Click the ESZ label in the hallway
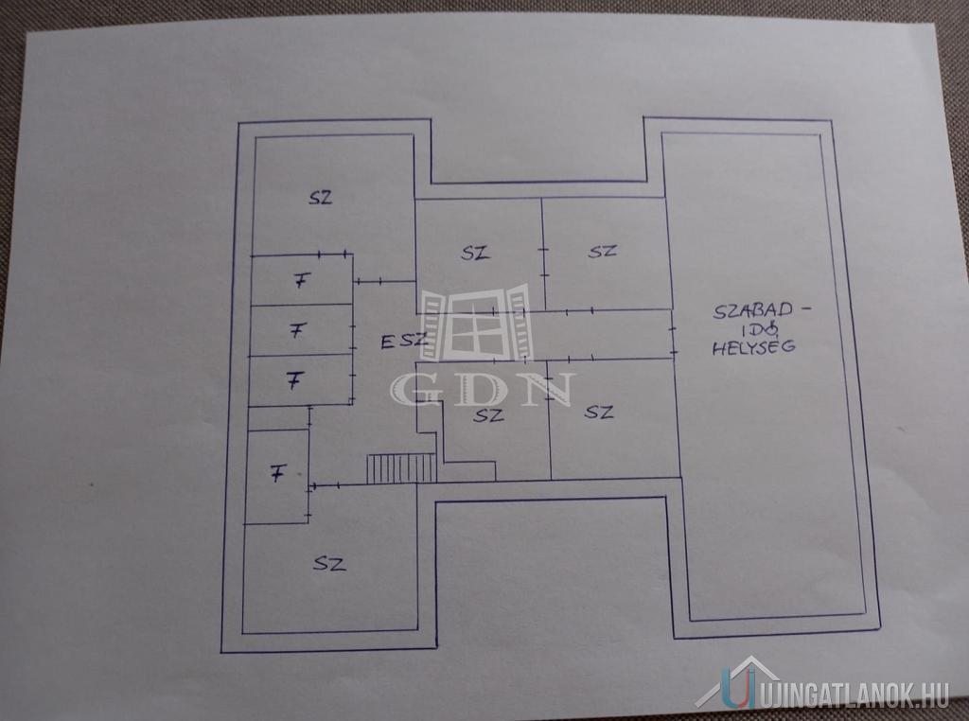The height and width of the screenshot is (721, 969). point(403,341)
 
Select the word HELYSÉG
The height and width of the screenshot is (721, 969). point(754,347)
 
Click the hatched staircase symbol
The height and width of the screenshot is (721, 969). point(401,468)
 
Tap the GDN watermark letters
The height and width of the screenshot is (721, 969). point(483,390)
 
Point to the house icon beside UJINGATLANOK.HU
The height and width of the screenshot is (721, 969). point(738,683)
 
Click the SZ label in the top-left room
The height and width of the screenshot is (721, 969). point(321,198)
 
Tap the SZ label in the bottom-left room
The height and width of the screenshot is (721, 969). point(328,563)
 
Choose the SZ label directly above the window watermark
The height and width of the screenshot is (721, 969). point(475,253)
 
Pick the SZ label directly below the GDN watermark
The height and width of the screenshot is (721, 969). point(488,415)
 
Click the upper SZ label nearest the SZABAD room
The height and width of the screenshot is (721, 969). point(603,252)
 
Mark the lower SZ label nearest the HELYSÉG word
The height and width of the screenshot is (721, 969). point(599,412)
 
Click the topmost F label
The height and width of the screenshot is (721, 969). point(301,281)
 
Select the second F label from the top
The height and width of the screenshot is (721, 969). point(298,330)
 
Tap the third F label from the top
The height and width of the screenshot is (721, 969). point(296,380)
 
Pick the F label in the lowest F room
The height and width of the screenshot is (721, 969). point(277,474)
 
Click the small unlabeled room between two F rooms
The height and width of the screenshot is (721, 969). point(279,417)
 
